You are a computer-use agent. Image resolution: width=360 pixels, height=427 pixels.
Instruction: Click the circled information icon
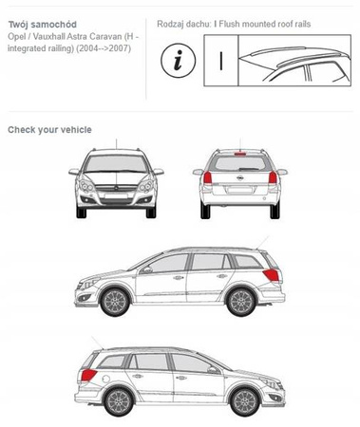point(180,60)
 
